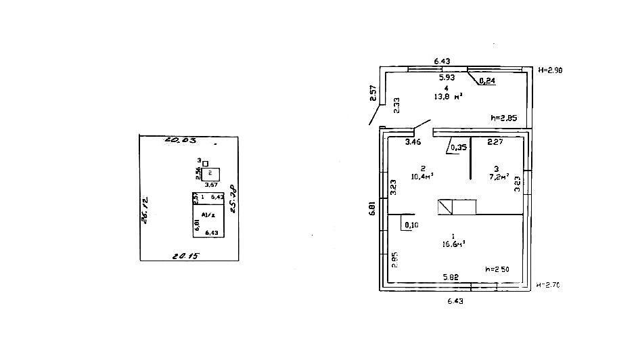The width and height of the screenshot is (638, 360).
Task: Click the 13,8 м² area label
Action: [x=448, y=97]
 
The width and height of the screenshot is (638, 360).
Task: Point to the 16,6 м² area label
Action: [x=453, y=244]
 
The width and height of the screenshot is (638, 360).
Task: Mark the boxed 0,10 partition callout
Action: [x=411, y=225]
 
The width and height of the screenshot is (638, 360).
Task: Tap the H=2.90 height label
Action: [x=550, y=70]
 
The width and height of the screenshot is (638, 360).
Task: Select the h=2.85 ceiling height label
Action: [x=503, y=118]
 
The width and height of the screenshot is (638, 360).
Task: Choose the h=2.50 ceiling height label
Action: [x=497, y=269]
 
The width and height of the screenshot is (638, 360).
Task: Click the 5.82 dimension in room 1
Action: [x=451, y=277]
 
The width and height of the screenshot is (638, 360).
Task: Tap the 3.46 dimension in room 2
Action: [x=413, y=142]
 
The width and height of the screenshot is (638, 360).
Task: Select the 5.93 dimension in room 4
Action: [x=447, y=77]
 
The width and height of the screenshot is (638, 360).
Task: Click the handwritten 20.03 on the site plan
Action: [x=180, y=141]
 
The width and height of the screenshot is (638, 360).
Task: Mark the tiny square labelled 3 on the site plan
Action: [x=205, y=163]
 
